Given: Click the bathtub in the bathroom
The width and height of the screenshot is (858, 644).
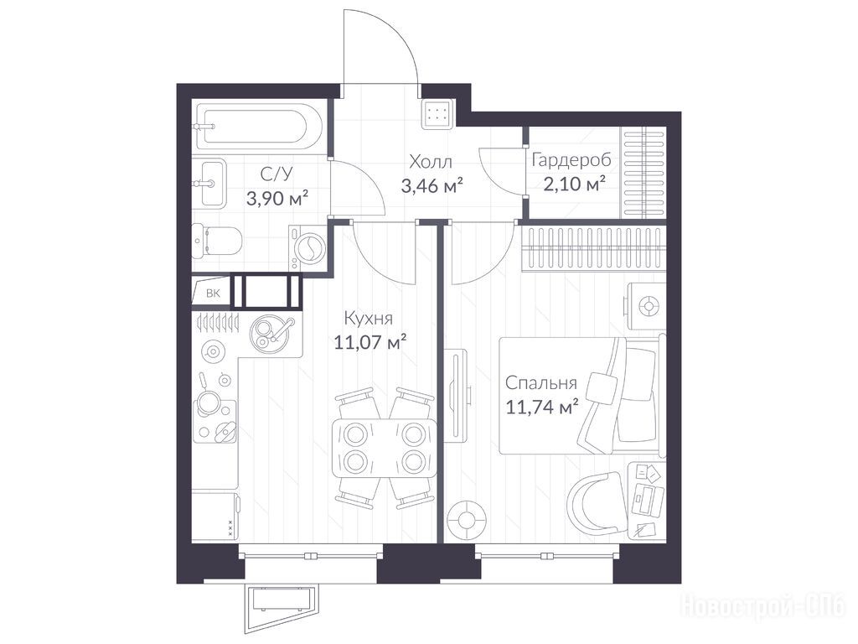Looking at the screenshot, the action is pos(255,127).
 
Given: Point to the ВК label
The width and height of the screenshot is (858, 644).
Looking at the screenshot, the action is pos(213,293).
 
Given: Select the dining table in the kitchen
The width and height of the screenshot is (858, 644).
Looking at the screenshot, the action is pos(385,448).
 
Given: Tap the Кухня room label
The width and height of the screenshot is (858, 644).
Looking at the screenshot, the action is pos(369,319).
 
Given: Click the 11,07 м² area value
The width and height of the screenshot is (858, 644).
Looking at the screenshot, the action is pos(370,342).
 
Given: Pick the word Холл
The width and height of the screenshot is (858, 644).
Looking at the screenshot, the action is pos(432,162).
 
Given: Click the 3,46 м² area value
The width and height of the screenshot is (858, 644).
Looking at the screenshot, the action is pos(432,186).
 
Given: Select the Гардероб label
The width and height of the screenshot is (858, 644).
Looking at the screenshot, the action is pos(571,160).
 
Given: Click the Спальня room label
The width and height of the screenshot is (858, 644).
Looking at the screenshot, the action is pos(540,382).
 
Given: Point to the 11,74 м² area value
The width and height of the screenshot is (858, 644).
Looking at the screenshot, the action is pos(542,408).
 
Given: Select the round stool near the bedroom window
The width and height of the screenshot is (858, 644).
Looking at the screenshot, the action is pos(467,519).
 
